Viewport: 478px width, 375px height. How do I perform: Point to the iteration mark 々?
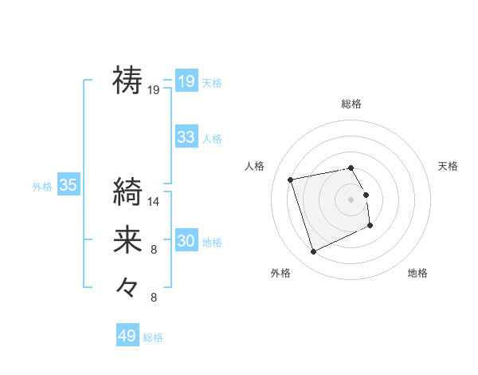point(127,285)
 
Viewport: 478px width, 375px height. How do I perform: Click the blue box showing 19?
point(186,81)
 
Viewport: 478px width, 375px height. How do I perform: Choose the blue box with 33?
point(186,137)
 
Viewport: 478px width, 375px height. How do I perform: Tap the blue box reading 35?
point(68,186)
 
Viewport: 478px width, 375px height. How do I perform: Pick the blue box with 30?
point(186,241)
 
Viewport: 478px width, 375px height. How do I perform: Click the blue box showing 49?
point(127,336)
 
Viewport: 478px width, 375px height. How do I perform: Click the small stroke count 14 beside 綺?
point(154,202)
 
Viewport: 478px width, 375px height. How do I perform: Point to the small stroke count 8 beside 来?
point(154,250)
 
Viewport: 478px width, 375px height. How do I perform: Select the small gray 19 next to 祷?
point(154,90)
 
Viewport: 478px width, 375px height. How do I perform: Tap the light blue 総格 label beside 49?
point(153,337)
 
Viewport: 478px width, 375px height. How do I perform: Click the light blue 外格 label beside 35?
point(42,187)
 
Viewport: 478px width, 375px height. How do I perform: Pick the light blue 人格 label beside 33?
point(212,139)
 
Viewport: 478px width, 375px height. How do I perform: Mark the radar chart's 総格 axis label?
point(351,105)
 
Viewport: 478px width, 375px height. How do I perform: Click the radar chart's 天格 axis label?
point(448,166)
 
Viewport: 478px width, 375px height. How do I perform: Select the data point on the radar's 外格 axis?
point(313,252)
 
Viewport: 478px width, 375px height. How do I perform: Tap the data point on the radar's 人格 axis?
point(291,179)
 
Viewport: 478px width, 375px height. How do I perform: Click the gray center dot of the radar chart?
point(351,199)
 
